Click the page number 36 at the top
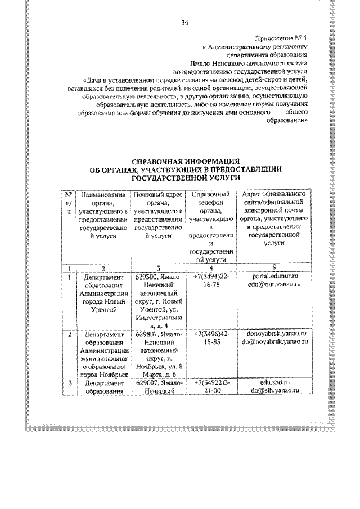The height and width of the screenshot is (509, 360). click(x=184, y=22)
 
